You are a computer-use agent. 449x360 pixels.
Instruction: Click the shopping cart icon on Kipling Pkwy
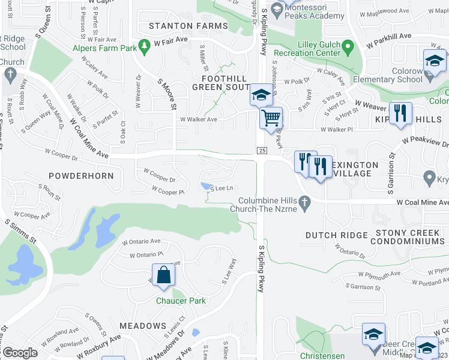(x=271, y=117)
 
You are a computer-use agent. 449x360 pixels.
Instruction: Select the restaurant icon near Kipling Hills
(x=400, y=113)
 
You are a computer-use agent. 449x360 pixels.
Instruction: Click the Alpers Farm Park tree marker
(x=143, y=45)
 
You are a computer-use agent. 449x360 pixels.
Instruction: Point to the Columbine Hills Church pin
(x=305, y=205)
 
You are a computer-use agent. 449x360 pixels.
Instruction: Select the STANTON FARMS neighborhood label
(x=188, y=26)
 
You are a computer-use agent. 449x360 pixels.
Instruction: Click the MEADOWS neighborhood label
(x=142, y=326)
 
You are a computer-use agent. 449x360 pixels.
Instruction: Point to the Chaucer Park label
(x=181, y=301)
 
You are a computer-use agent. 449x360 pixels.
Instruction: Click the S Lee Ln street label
(x=221, y=188)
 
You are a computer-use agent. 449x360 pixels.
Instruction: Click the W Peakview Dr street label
(x=426, y=140)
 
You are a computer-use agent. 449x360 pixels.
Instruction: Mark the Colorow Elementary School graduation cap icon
(x=435, y=61)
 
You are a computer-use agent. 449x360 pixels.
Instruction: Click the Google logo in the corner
(x=20, y=353)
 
